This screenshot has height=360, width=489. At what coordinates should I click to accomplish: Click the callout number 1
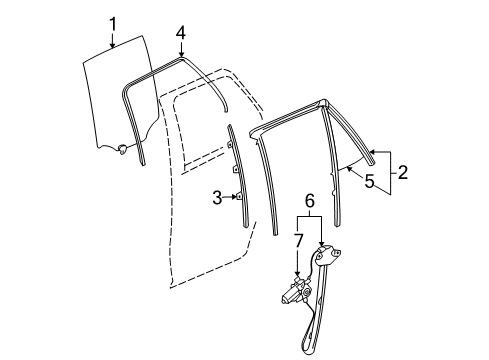pyautogui.click(x=113, y=22)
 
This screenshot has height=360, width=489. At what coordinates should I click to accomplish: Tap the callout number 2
pyautogui.click(x=403, y=172)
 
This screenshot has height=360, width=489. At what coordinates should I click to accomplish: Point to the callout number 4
pyautogui.click(x=180, y=32)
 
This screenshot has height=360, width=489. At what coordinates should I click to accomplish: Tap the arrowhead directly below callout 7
pyautogui.click(x=298, y=281)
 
